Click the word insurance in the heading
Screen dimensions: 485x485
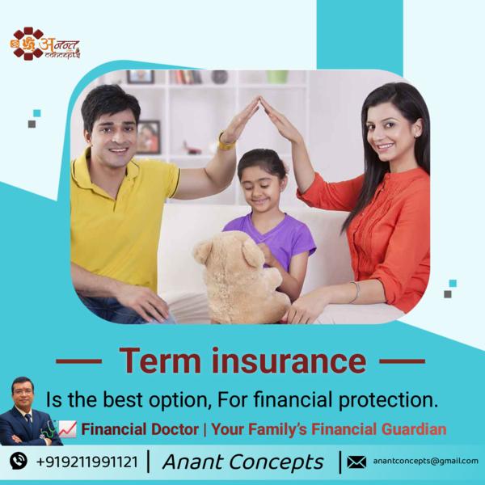pos(289,361)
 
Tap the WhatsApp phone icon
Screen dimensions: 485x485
pos(18,462)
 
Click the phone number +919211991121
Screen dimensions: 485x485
pos(86,462)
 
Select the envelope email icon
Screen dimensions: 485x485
pos(356,462)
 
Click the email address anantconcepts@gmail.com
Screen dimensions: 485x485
pos(425,462)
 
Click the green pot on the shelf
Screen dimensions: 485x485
pos(277,76)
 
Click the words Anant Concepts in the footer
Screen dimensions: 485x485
pos(242,462)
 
